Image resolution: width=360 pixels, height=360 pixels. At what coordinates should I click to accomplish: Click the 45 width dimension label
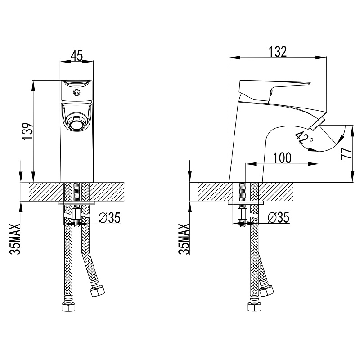76,55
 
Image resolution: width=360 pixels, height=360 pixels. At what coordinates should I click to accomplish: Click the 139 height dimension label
27,131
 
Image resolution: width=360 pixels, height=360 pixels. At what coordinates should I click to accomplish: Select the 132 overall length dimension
278,51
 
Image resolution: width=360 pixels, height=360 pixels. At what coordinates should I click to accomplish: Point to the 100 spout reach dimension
282,158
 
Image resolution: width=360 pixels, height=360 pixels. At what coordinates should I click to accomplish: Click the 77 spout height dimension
346,153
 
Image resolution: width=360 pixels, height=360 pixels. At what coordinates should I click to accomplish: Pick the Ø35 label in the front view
109,218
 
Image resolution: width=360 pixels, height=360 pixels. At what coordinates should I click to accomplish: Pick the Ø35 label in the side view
278,217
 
